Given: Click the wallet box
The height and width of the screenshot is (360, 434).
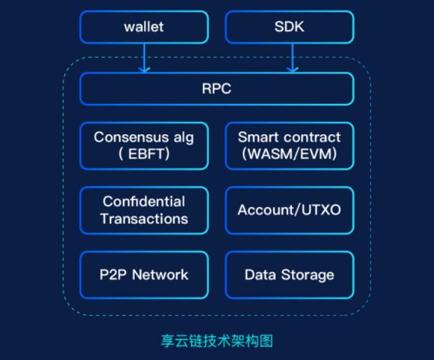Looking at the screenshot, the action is (143, 27).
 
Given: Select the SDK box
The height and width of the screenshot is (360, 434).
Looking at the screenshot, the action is (289, 27).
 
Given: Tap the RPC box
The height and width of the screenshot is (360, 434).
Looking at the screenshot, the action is (216, 88).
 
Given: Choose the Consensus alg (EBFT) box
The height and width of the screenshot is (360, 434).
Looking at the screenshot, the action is (143, 145).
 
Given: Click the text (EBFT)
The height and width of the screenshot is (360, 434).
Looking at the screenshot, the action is (143, 154).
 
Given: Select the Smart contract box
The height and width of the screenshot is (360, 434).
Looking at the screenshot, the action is (289, 145).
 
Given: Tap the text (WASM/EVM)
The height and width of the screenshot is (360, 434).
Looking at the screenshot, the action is (289, 154).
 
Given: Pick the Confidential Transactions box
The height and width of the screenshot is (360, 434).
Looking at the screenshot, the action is (143, 210).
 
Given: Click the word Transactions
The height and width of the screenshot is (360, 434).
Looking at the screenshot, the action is (144, 219).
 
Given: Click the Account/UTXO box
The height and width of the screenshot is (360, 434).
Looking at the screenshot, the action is (289, 210).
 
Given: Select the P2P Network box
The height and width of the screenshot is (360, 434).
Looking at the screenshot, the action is (143, 275).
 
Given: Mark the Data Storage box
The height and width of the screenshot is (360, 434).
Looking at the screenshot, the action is (289, 275).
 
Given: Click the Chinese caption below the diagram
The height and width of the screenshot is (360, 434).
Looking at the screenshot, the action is (216, 341).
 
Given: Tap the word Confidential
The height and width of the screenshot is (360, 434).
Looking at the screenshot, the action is (144, 202).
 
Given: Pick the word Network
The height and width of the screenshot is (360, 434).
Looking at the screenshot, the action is (160, 275).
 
